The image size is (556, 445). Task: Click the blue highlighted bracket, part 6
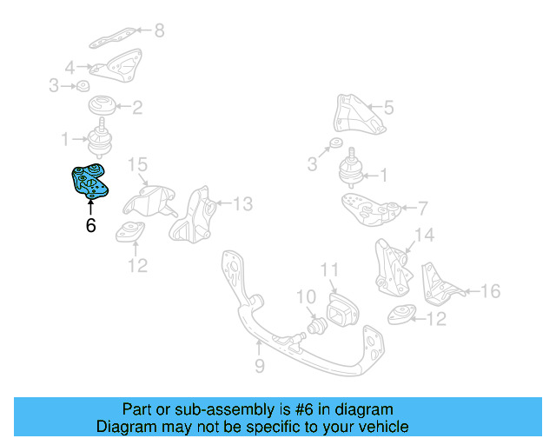pyautogui.click(x=89, y=180)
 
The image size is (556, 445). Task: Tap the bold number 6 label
pyautogui.click(x=90, y=226)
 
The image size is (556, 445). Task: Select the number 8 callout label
pyautogui.click(x=158, y=32)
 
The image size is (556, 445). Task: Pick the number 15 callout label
pyautogui.click(x=138, y=165)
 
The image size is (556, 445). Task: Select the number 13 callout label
pyautogui.click(x=242, y=204)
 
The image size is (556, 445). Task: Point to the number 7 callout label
pyautogui.click(x=422, y=209)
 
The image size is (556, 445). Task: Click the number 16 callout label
pyautogui.click(x=491, y=291)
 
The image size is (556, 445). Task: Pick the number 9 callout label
pyautogui.click(x=260, y=367)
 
